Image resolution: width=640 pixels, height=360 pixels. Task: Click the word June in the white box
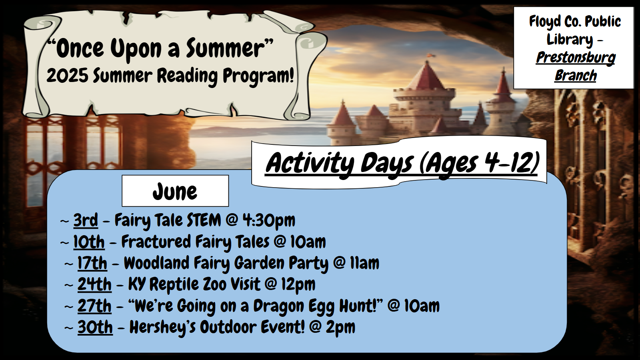(175, 192)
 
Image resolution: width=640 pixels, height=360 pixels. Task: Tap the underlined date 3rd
(86, 220)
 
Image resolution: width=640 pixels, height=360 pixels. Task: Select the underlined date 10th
(89, 242)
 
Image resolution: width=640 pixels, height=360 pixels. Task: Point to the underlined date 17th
(92, 263)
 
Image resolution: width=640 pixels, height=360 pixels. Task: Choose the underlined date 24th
(94, 284)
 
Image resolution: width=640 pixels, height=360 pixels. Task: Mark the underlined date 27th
(94, 306)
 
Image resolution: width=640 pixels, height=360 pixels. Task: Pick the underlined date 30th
(95, 327)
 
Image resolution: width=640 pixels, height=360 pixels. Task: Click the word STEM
(204, 220)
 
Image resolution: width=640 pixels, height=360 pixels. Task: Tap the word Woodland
(156, 263)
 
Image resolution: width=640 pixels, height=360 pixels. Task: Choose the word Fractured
(156, 242)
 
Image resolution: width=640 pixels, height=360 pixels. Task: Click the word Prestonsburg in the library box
(576, 58)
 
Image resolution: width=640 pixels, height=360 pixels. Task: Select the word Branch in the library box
(576, 76)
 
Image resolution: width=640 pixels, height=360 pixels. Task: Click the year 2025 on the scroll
(68, 76)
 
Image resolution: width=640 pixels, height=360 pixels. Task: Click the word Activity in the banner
(310, 164)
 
